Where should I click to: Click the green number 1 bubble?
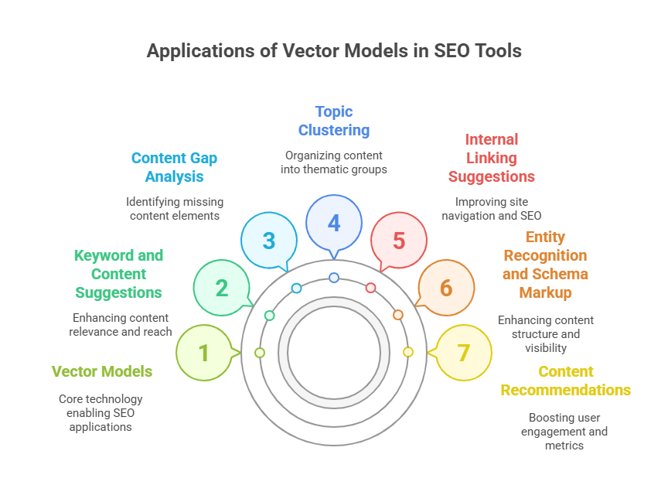coord(204,353)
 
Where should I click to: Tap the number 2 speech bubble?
coord(222,288)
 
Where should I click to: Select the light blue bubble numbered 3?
coord(269,240)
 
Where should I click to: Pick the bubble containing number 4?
coord(334,223)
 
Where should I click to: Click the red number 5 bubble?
coord(399,240)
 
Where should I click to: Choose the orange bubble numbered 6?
coord(446,288)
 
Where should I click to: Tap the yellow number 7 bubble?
coord(464,353)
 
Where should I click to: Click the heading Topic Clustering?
coord(334,121)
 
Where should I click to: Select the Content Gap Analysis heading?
coord(174,167)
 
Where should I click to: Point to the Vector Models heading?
coord(102,371)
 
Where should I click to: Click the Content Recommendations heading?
coord(566,381)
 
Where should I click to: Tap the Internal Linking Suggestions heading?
coord(491,158)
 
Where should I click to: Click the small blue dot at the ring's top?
coord(334,278)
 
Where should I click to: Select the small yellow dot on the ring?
coord(408,352)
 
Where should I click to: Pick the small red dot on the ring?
coord(370,288)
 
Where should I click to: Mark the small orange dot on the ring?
coord(398,315)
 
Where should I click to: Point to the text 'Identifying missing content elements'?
coord(175,209)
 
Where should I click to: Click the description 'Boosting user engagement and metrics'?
coord(564,432)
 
